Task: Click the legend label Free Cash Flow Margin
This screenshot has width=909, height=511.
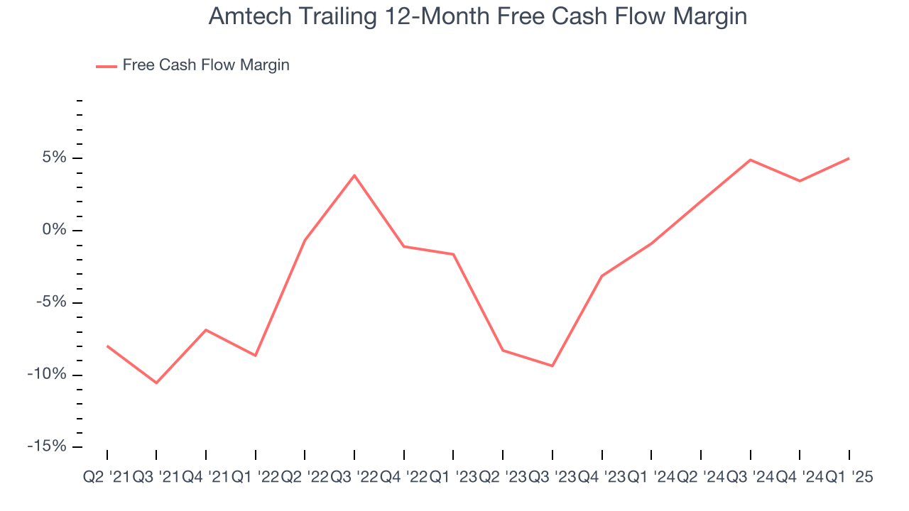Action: pyautogui.click(x=206, y=65)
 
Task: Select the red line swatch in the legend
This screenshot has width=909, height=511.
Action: pyautogui.click(x=107, y=66)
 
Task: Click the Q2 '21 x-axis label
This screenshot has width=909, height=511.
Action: pyautogui.click(x=107, y=478)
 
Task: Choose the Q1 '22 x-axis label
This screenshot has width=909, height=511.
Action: pyautogui.click(x=256, y=478)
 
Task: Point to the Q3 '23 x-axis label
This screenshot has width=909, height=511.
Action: pyautogui.click(x=553, y=478)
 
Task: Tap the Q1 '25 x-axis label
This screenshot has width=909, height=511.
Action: pyautogui.click(x=849, y=478)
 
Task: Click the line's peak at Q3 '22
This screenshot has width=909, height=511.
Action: pyautogui.click(x=354, y=175)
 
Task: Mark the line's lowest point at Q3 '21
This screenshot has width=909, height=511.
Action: pyautogui.click(x=156, y=383)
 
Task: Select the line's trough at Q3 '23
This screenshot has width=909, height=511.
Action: pyautogui.click(x=553, y=366)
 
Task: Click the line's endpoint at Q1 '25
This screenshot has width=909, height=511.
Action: pyautogui.click(x=849, y=158)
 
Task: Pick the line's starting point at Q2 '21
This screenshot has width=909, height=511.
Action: pyautogui.click(x=107, y=346)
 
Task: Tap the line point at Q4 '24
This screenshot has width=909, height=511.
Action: pyautogui.click(x=800, y=181)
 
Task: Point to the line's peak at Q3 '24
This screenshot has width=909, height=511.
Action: pyautogui.click(x=751, y=160)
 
